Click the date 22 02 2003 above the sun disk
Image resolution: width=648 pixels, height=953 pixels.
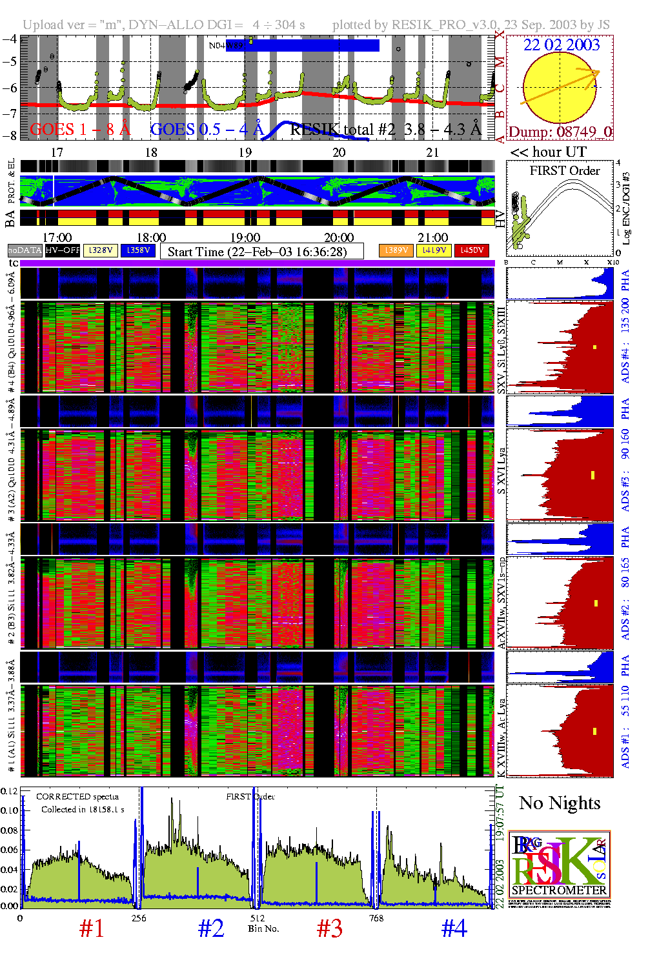pos(561,45)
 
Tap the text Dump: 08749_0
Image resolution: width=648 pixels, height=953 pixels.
pos(560,132)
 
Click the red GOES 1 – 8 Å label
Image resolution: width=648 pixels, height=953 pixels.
pos(80,129)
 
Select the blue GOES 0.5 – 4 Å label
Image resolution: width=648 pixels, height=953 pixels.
pos(207,129)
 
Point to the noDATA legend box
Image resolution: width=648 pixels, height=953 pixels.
pos(25,250)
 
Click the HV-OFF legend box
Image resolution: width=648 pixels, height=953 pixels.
pos(63,250)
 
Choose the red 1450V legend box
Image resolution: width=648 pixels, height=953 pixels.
pos(472,250)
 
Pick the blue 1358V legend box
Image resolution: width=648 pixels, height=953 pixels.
pos(138,250)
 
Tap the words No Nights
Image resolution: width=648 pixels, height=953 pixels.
pos(560,803)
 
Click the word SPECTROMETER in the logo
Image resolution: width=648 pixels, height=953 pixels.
pos(559,890)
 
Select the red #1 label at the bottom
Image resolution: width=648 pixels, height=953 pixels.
pos(92,928)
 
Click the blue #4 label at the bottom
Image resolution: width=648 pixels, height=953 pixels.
pos(454,928)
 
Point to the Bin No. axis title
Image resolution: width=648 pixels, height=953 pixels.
pos(263,928)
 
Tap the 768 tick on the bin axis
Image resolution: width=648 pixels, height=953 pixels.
pos(376,918)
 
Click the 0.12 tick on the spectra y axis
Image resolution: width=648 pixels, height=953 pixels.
pos(9,791)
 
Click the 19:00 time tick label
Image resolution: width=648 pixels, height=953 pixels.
pos(245,237)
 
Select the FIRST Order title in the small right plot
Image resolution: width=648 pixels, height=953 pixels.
pos(565,171)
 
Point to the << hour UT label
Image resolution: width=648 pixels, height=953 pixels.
pos(549,152)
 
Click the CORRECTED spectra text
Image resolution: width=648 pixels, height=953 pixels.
pos(77,797)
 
